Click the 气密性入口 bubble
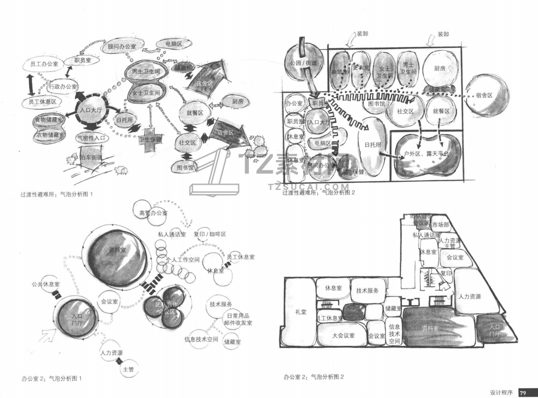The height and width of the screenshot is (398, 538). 92,138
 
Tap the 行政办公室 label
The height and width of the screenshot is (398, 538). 63,87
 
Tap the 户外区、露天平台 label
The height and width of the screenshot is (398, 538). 426,153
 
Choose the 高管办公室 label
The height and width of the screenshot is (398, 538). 154,213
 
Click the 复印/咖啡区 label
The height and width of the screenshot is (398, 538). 210,234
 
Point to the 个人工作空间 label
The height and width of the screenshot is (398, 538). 183,259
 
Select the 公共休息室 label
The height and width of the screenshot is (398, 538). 46,284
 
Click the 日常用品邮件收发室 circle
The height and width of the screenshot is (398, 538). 238,319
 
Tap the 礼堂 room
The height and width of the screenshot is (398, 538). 300,312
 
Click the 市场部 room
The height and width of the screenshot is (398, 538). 440,224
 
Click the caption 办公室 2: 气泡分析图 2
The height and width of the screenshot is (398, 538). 314,376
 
